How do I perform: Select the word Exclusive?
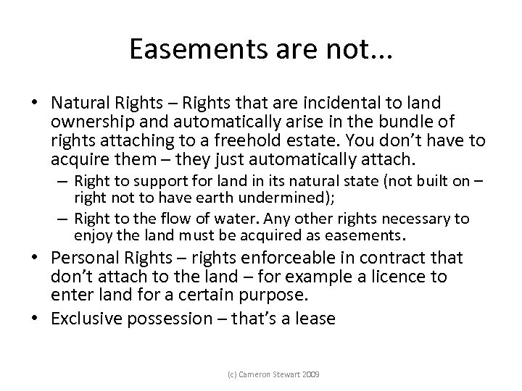[84, 318]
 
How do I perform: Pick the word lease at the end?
[318, 318]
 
